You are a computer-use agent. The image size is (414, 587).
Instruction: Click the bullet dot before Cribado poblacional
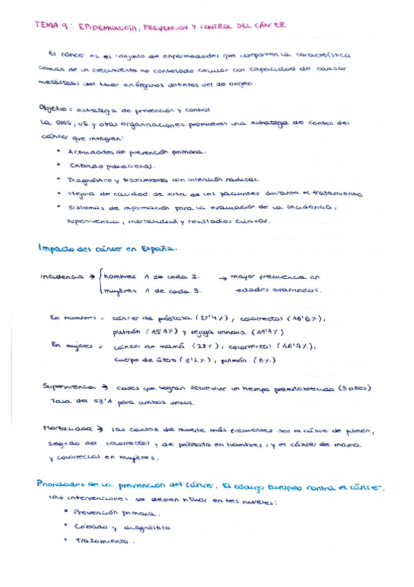pos(62,165)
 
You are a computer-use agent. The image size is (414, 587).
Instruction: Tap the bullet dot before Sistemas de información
pos(62,207)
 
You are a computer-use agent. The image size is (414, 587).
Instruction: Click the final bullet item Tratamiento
pos(106,541)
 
